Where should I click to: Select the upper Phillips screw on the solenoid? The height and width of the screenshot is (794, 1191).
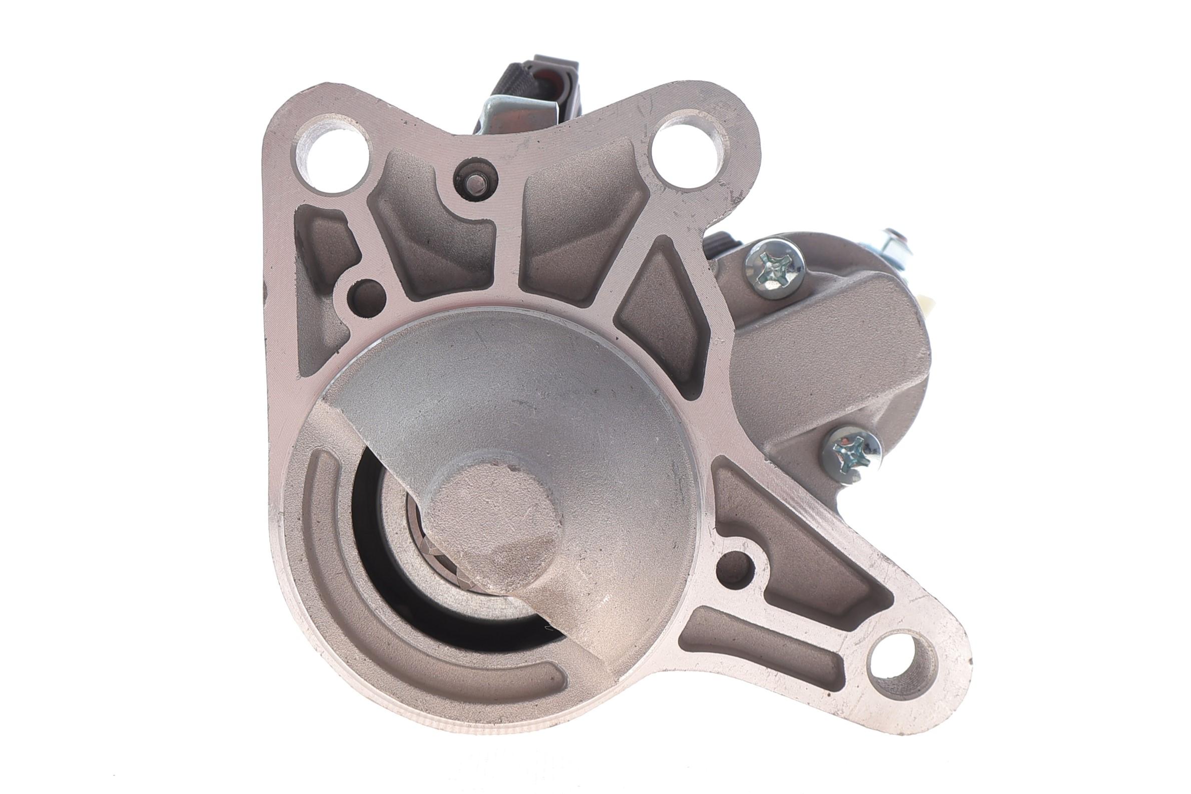pos(774,272)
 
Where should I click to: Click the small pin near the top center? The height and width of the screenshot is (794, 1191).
pos(476,181)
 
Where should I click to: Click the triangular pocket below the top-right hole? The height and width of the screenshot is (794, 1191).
pos(664,314)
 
